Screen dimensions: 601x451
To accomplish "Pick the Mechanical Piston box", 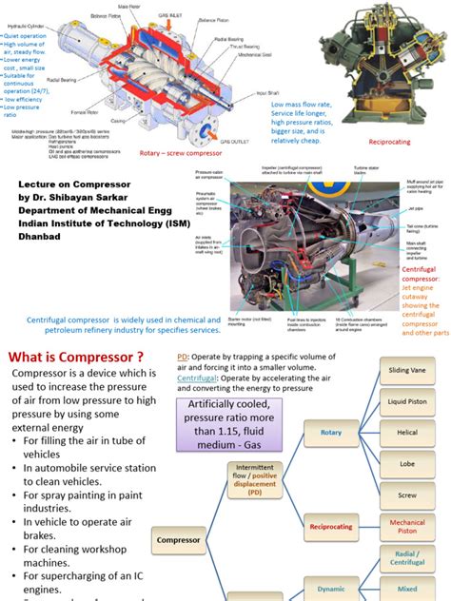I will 407,528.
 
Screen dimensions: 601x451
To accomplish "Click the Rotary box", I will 330,433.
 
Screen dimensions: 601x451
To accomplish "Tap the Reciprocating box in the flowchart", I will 330,526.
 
